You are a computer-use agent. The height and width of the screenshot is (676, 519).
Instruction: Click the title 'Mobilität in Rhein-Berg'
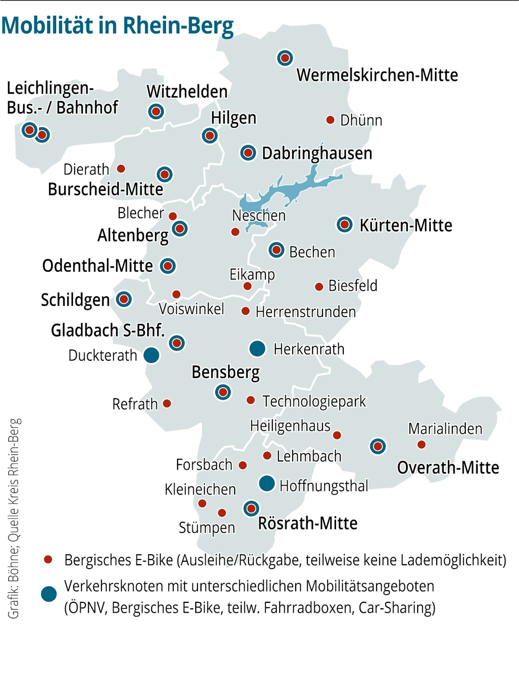117,25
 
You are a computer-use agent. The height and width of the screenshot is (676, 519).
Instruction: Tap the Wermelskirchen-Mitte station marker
285,58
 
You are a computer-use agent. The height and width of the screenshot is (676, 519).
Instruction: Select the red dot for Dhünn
330,120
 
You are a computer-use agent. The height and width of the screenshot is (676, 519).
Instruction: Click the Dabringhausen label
317,153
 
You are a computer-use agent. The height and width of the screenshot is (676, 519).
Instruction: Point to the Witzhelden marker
156,112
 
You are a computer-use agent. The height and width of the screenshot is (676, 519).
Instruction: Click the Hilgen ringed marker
210,135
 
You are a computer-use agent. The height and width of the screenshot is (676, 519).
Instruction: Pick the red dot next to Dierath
121,169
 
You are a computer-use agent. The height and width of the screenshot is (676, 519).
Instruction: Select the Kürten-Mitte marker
345,224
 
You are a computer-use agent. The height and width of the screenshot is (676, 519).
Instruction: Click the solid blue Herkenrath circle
257,348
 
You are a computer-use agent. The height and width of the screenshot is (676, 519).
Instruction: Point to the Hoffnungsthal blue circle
267,483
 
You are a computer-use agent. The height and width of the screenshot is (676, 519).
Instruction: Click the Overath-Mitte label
448,468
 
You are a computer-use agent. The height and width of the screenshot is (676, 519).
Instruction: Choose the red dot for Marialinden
421,445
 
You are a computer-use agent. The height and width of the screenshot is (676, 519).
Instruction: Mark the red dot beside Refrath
167,403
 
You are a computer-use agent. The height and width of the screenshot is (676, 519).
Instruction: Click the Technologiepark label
314,401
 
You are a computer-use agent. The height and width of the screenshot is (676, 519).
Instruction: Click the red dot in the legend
48,559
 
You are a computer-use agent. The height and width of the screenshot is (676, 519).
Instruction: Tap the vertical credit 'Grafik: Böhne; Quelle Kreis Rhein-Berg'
14,519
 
